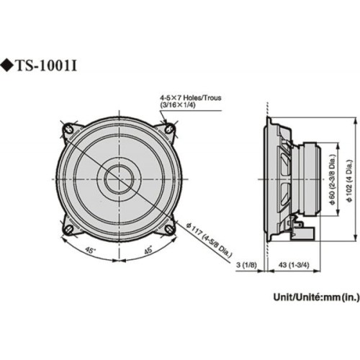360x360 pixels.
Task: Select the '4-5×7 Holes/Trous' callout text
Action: click(190, 96)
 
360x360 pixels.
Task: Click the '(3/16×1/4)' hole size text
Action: click(179, 105)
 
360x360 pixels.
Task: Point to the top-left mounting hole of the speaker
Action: click(68, 130)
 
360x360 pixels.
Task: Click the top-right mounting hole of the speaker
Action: click(169, 130)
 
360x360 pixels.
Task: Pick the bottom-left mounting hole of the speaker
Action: click(68, 229)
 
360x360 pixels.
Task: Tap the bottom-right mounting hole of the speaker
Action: click(169, 229)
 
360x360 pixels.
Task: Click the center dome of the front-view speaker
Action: click(119, 179)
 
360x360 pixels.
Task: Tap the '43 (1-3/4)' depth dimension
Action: click(290, 266)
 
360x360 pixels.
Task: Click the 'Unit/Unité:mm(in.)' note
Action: click(314, 296)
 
